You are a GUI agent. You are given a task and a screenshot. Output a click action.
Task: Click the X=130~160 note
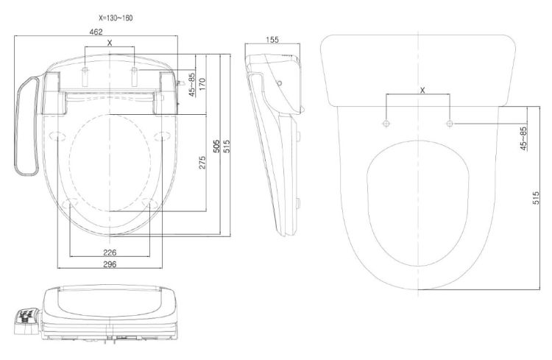point(116,18)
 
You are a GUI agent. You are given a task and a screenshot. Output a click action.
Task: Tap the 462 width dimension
point(96,32)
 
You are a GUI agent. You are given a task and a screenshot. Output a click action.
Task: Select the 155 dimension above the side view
point(272,40)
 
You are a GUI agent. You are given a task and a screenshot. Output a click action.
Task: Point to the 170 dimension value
point(202,84)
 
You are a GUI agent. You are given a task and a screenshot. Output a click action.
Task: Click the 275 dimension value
point(202,163)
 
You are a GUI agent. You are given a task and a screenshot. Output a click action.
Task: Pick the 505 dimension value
point(217,146)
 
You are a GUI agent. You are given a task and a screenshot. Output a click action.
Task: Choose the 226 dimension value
point(110,253)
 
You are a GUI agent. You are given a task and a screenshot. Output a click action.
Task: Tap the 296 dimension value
point(110,264)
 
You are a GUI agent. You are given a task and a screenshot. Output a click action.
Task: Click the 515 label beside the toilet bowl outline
point(536,198)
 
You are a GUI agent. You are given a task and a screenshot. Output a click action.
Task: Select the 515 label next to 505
point(227,146)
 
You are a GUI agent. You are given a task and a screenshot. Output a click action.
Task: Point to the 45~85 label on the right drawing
point(523,138)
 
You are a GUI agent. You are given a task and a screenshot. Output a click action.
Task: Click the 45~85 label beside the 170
point(192,85)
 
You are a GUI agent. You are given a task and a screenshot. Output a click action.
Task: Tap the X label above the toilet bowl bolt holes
point(422,90)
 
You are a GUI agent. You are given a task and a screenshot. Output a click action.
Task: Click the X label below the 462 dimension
point(110,43)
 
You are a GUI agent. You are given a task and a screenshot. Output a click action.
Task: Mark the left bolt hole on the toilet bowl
point(386,123)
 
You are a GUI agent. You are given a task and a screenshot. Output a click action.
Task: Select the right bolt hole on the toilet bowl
point(449,123)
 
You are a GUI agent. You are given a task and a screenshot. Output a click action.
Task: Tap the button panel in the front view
point(28,319)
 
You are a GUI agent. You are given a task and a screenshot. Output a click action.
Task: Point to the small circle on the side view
point(279,83)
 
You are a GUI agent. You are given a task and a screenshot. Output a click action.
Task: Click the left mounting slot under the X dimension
point(85,77)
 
